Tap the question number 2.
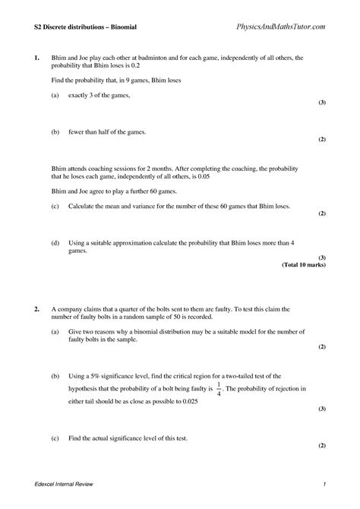pyautogui.click(x=36, y=310)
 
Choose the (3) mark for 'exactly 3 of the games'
pyautogui.click(x=322, y=102)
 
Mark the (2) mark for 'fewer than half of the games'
pyautogui.click(x=322, y=140)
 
